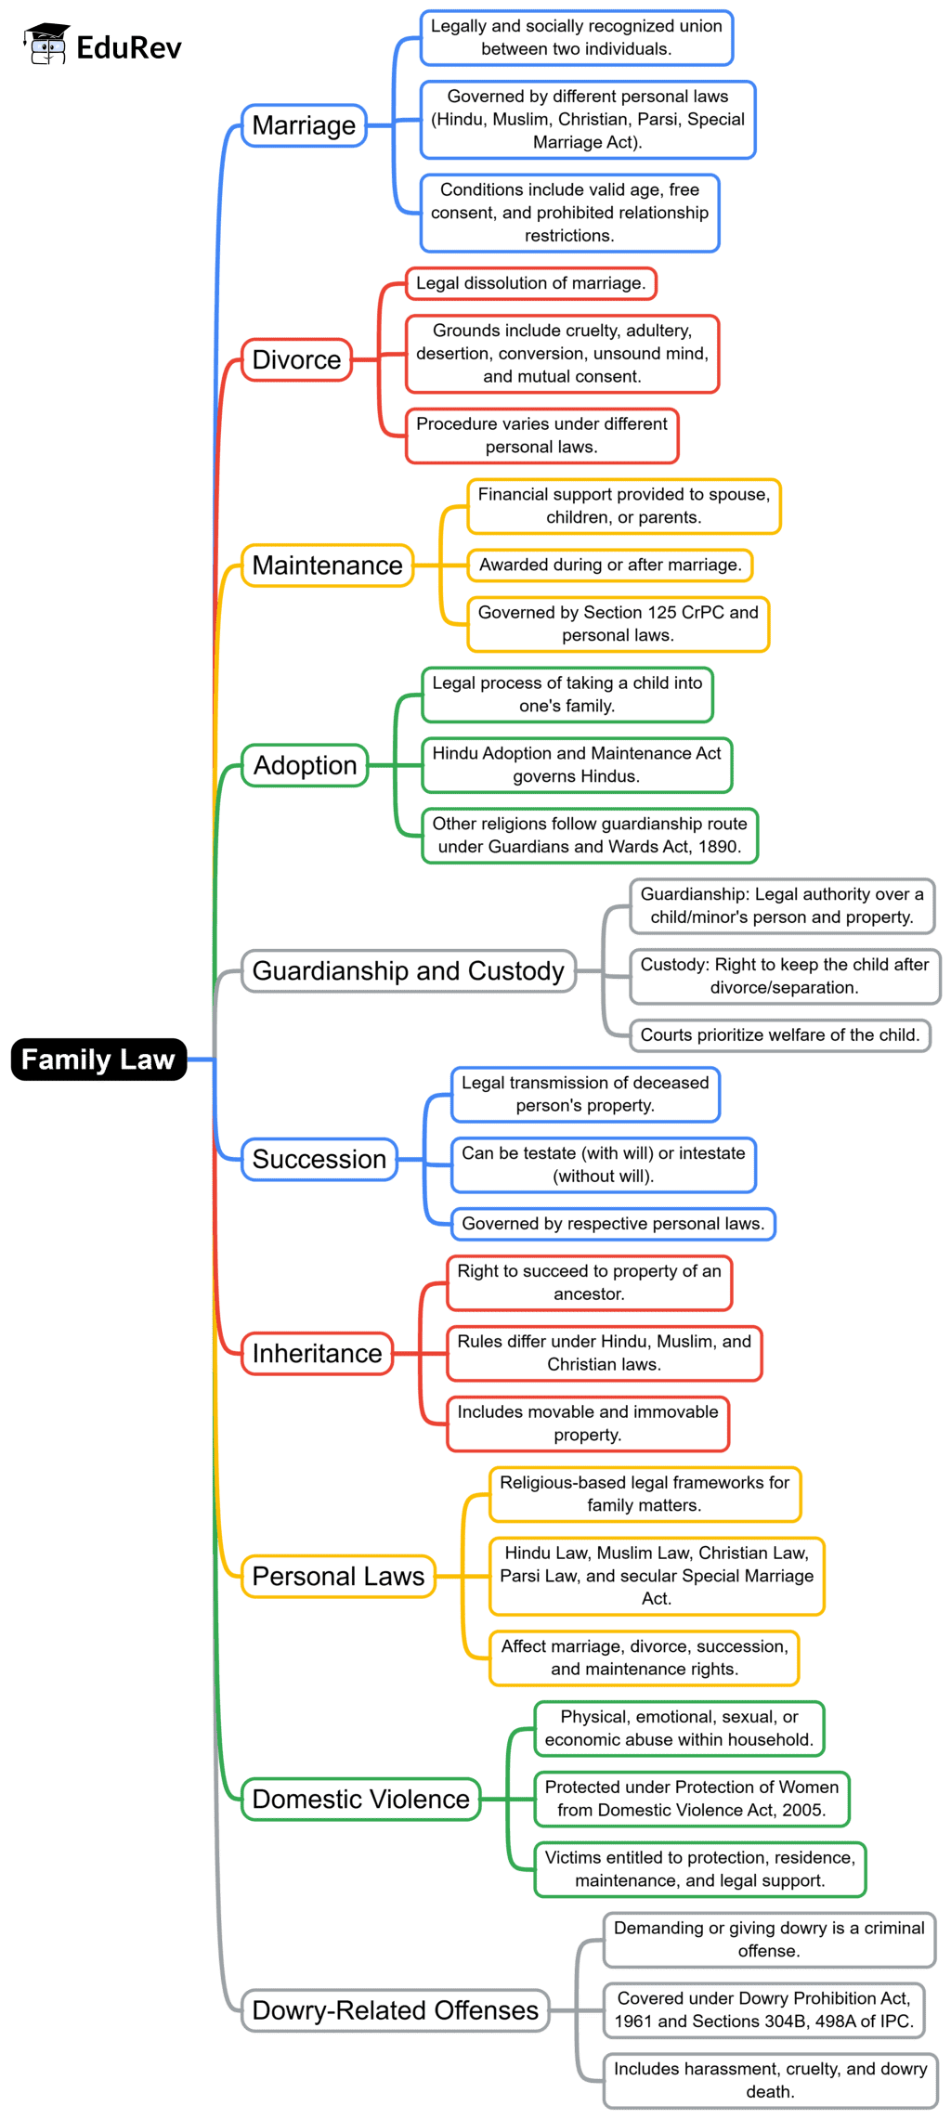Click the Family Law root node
pyautogui.click(x=98, y=1059)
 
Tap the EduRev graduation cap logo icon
pyautogui.click(x=46, y=45)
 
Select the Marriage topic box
pyautogui.click(x=304, y=125)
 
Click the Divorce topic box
pyautogui.click(x=296, y=359)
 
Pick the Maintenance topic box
pyautogui.click(x=327, y=565)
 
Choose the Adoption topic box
pyautogui.click(x=305, y=765)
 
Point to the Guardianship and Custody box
pyautogui.click(x=408, y=971)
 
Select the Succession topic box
pyautogui.click(x=319, y=1160)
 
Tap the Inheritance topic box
pyautogui.click(x=317, y=1354)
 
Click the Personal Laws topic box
pyautogui.click(x=338, y=1577)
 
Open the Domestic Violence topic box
pyautogui.click(x=360, y=1800)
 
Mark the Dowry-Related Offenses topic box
pyautogui.click(x=395, y=2010)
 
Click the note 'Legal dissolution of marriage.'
pyautogui.click(x=530, y=283)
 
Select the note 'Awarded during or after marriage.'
pyautogui.click(x=609, y=565)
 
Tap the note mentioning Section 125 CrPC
pyautogui.click(x=618, y=624)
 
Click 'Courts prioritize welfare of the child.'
pyautogui.click(x=779, y=1035)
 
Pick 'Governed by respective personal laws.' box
pyautogui.click(x=612, y=1224)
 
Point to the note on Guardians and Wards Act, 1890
pyautogui.click(x=589, y=836)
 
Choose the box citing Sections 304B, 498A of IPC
pyautogui.click(x=764, y=2010)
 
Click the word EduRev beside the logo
pyautogui.click(x=128, y=47)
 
